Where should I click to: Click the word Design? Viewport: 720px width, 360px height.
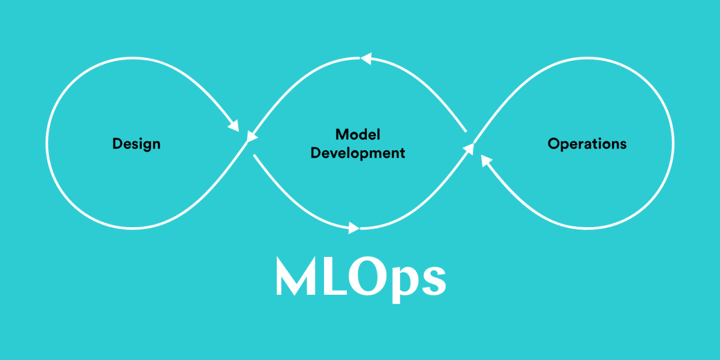tap(136, 144)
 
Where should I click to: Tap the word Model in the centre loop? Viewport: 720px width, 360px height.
tap(358, 134)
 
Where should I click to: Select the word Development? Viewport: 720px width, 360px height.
tap(358, 154)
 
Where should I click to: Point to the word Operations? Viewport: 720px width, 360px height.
tap(587, 143)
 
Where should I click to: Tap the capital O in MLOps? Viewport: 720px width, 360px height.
tap(368, 276)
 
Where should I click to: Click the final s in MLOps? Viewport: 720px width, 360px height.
tap(434, 281)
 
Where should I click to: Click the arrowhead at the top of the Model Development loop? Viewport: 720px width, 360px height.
tap(366, 58)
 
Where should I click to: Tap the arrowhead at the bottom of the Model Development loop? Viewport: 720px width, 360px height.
tap(354, 228)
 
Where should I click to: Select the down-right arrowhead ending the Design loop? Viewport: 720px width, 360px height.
tap(234, 125)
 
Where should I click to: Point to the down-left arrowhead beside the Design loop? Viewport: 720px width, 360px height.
tap(251, 137)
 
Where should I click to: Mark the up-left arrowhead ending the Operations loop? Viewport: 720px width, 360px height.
tap(486, 160)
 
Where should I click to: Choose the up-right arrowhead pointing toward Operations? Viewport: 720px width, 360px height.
tap(469, 149)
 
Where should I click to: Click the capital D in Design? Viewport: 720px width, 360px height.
tap(118, 143)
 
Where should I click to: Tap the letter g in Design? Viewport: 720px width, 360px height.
tap(146, 146)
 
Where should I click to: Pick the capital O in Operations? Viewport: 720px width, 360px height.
tap(554, 143)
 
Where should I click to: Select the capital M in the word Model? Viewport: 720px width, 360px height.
tap(341, 134)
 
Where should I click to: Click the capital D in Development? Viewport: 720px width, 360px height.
tap(316, 152)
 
